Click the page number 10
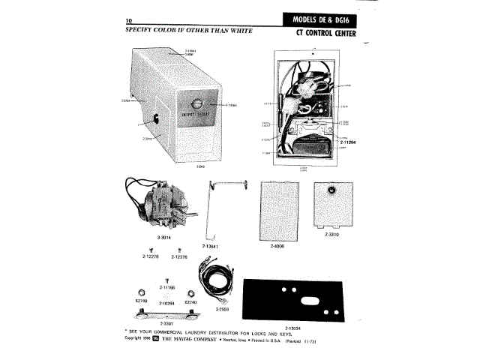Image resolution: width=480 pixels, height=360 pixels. tap(129, 19)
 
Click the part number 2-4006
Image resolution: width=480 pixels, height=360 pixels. tap(278, 244)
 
